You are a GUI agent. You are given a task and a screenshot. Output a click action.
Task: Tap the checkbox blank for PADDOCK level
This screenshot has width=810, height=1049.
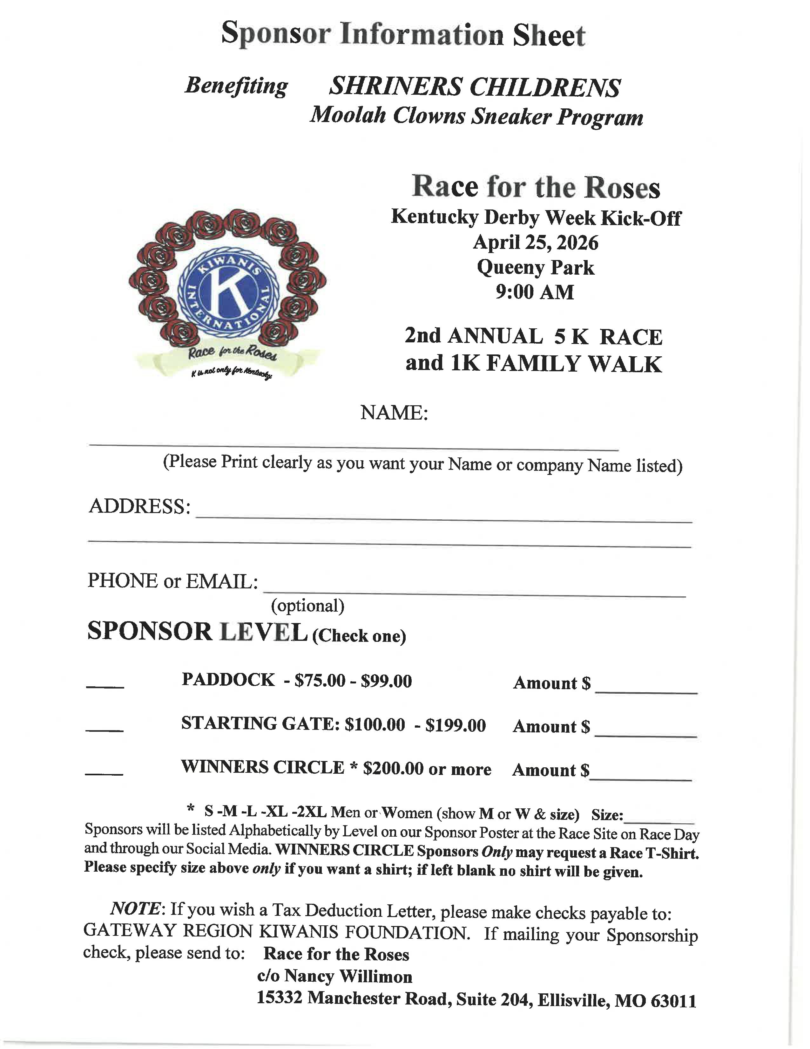[105, 686]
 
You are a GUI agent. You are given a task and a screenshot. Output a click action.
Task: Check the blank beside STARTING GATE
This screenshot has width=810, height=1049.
[105, 730]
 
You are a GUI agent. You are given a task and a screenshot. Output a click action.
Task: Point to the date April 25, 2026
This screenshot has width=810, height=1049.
[536, 243]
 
